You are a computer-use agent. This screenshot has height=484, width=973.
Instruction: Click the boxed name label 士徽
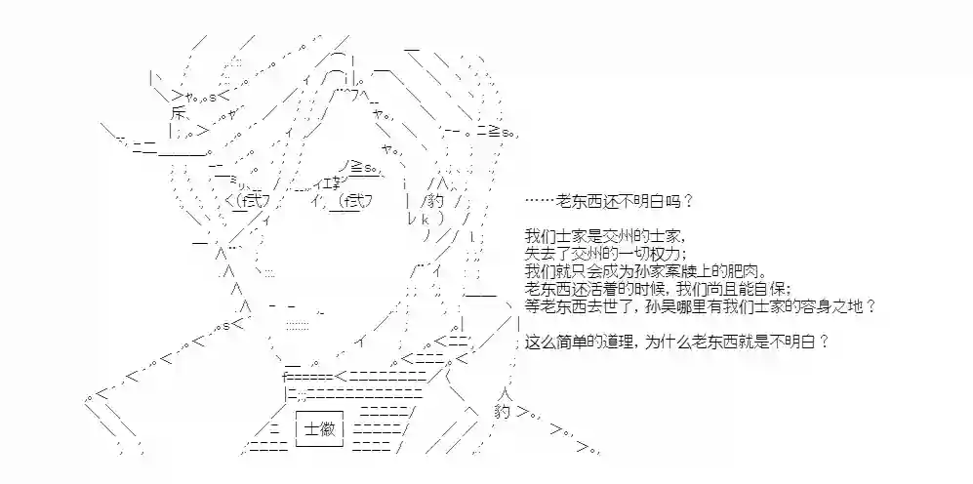point(319,428)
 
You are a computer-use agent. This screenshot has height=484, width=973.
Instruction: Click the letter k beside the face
point(426,219)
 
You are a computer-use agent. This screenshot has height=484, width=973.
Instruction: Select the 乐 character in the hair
point(178,113)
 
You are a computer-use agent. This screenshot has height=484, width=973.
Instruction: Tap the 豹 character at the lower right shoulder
point(503,410)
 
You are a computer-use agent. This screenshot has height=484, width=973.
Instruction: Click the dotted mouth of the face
point(298,325)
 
